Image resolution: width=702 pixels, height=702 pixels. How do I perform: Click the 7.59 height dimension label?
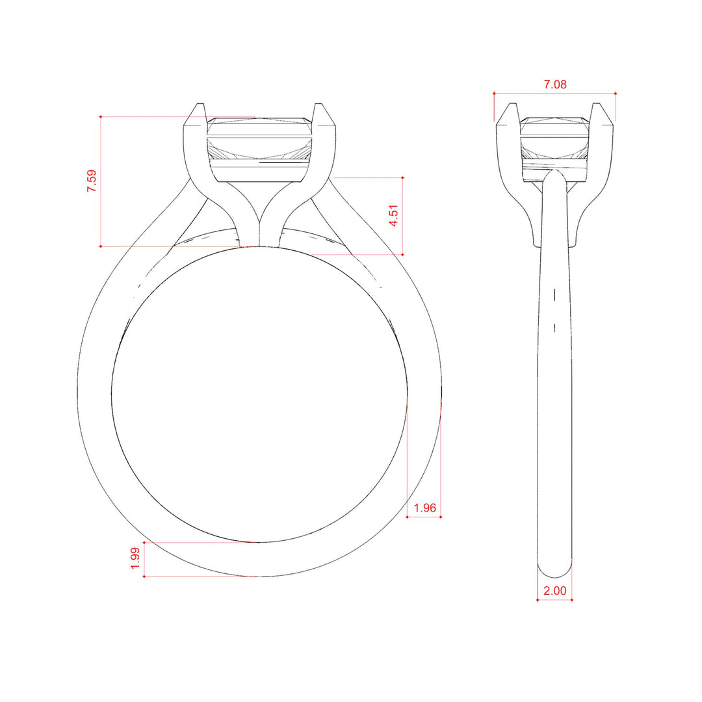point(92,181)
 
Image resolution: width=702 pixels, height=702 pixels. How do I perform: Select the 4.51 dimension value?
point(393,216)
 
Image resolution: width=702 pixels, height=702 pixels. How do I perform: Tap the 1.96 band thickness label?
point(424,508)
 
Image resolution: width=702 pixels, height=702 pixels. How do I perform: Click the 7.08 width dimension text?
point(554,84)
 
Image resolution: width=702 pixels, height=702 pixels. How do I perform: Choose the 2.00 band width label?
point(554,591)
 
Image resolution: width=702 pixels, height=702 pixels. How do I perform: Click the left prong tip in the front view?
point(201,104)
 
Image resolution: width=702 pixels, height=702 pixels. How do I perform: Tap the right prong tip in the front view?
point(318,104)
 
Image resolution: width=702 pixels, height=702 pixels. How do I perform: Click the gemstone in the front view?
point(259,149)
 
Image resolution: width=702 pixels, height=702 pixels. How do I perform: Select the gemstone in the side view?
point(554,149)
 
